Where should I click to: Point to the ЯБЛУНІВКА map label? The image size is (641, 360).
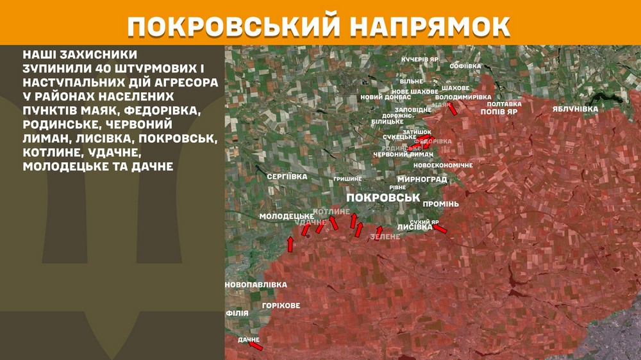(575, 109)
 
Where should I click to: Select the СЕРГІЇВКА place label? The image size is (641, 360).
(287, 176)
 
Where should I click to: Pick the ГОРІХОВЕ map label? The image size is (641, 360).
(281, 306)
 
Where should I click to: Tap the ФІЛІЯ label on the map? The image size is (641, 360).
(237, 313)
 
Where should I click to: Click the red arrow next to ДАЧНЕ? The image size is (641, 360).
(256, 346)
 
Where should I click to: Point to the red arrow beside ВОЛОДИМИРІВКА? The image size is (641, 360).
(453, 108)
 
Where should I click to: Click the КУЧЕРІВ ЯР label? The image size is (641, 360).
(420, 59)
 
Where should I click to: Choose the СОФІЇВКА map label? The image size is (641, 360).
(465, 66)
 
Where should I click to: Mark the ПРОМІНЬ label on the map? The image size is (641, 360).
(441, 204)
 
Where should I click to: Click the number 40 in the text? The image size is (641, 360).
(94, 69)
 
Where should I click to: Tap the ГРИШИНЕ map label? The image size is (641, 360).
(347, 179)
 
